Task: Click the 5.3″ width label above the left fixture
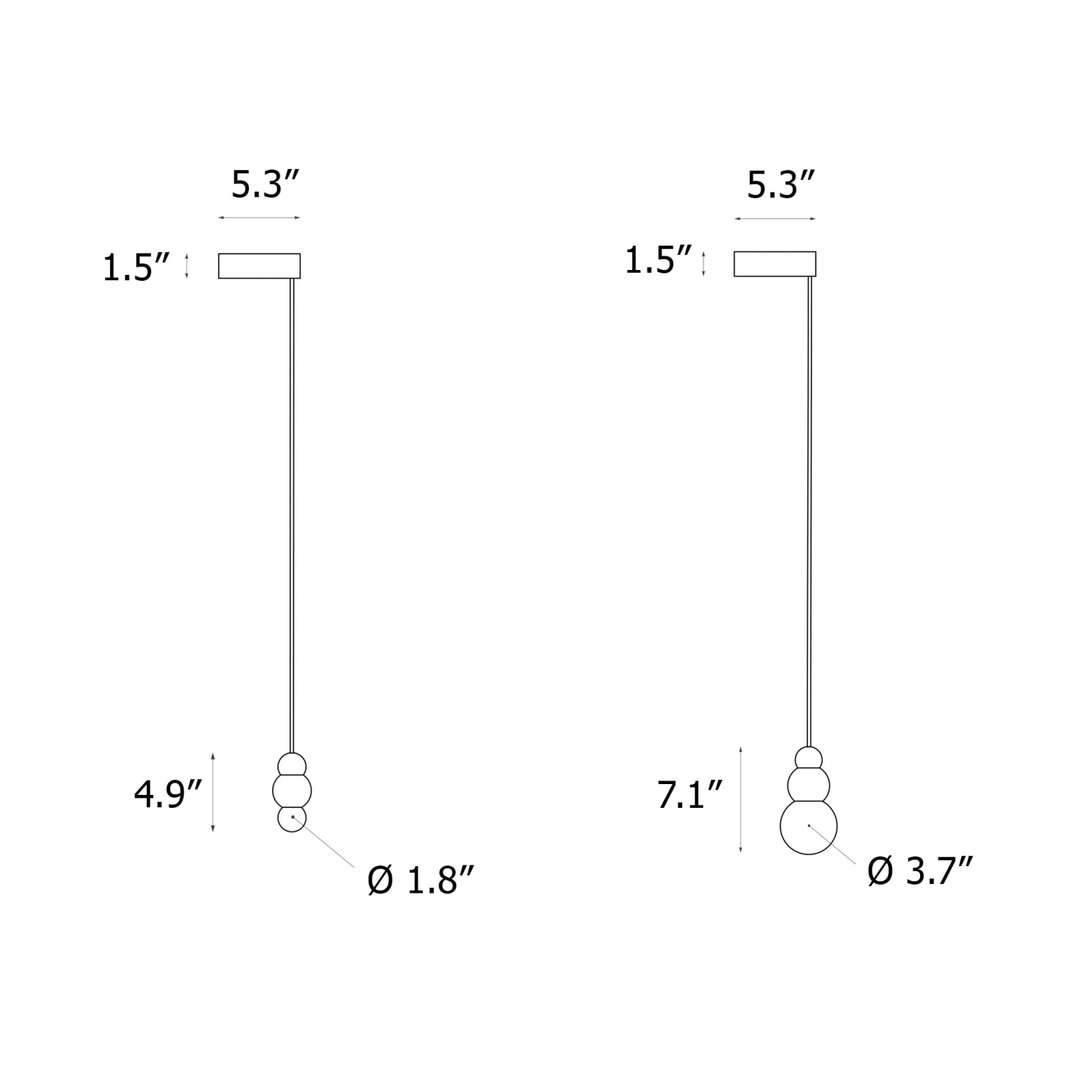264,185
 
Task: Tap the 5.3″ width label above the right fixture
780,185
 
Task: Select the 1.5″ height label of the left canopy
136,268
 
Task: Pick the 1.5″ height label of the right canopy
658,260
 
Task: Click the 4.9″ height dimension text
167,795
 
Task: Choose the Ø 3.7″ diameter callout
921,872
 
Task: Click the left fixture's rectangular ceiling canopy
259,265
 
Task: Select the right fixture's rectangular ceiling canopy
775,264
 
